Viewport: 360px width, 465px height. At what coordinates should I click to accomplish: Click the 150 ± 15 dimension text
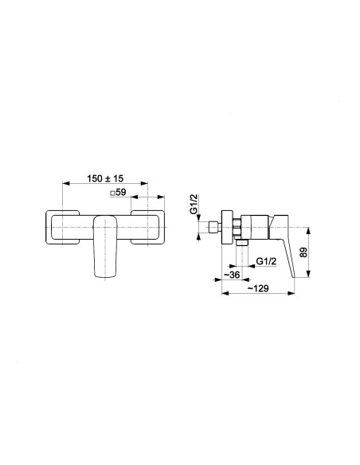(105, 178)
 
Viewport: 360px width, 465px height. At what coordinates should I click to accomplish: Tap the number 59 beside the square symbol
(121, 193)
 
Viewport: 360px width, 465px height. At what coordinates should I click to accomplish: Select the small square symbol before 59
(112, 193)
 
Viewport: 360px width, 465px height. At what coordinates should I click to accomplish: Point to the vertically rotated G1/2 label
(194, 204)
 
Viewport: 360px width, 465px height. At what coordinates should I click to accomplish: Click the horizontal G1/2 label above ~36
(266, 261)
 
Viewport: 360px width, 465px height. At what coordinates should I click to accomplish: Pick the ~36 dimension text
(232, 275)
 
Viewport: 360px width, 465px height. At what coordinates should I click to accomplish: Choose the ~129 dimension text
(258, 288)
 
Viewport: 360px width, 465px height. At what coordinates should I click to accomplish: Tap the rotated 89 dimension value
(304, 252)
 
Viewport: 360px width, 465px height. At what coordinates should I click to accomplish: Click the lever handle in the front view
(105, 247)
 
